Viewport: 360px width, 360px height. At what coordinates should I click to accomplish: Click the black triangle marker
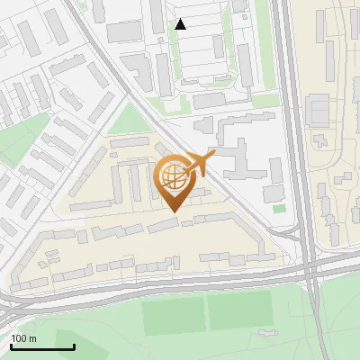181,24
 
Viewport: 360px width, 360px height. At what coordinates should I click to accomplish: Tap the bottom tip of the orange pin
174,211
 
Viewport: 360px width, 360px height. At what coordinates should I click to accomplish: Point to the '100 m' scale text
23,337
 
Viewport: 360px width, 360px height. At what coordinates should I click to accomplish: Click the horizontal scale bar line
42,346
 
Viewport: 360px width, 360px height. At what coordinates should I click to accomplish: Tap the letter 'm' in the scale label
32,337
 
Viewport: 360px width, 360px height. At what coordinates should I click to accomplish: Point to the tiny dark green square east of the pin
279,209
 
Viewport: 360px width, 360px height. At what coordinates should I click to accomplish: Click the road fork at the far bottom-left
9,306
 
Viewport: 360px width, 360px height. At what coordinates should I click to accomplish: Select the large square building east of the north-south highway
319,111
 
